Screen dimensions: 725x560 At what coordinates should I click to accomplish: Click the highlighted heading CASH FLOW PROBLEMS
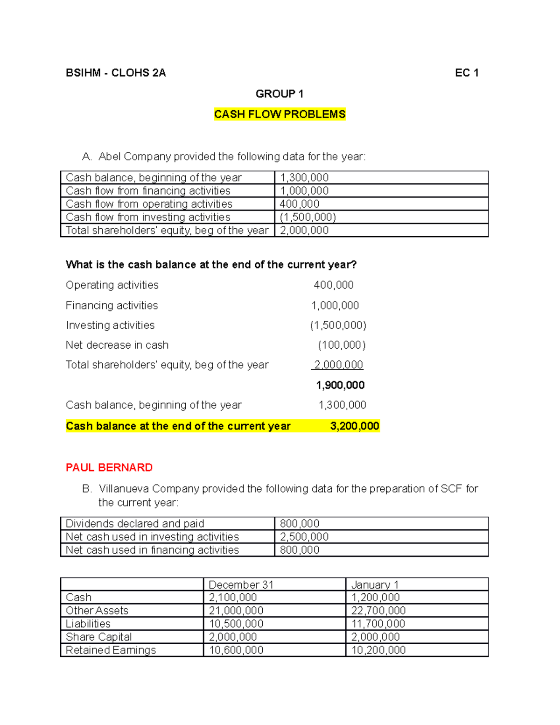(x=280, y=114)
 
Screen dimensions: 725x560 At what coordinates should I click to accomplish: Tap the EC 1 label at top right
(x=467, y=73)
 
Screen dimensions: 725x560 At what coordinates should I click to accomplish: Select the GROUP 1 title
(x=280, y=94)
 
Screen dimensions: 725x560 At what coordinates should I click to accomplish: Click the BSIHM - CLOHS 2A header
(x=116, y=73)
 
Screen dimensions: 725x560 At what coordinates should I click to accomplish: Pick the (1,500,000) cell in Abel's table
(x=308, y=217)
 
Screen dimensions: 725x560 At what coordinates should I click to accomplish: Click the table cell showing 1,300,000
(x=304, y=178)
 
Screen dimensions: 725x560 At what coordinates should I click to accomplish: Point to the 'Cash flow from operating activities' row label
(x=149, y=204)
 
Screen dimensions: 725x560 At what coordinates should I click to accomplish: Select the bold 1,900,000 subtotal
(x=340, y=385)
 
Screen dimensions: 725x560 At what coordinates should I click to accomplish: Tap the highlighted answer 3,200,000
(x=354, y=426)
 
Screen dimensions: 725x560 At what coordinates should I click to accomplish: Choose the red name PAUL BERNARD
(x=109, y=467)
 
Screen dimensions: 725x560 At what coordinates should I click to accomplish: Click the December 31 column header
(x=241, y=584)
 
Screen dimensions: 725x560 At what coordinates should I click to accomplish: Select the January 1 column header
(x=375, y=584)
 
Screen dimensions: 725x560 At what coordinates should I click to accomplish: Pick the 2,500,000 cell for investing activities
(x=304, y=537)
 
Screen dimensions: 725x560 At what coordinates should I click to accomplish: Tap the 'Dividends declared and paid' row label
(x=135, y=524)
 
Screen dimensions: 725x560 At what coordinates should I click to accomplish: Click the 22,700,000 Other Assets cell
(x=378, y=611)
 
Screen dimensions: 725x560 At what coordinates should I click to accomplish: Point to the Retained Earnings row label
(x=111, y=650)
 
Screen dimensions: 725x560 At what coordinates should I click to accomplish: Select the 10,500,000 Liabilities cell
(x=236, y=624)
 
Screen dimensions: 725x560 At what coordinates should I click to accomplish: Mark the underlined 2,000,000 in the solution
(x=338, y=365)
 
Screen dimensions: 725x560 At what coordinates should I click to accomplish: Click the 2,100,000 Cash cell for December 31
(x=233, y=598)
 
